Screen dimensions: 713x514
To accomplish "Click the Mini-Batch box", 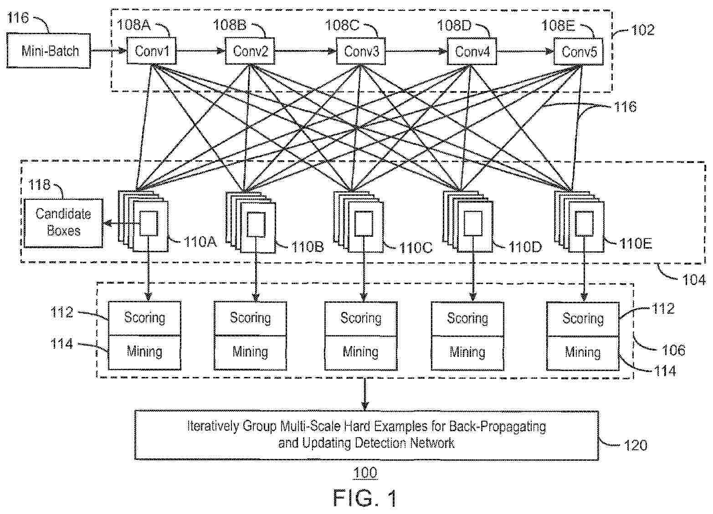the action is click(x=48, y=51).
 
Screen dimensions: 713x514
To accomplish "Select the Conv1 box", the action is click(x=152, y=51).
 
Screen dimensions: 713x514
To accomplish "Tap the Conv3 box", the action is click(x=361, y=51).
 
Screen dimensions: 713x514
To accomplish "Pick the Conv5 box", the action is click(x=579, y=52).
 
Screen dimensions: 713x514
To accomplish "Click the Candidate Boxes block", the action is click(x=63, y=223).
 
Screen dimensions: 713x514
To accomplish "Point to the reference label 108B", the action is click(x=230, y=25).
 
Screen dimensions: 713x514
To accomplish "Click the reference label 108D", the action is click(x=454, y=25).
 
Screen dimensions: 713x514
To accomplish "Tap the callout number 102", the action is click(x=643, y=30).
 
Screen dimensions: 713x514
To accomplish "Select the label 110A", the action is click(x=200, y=242).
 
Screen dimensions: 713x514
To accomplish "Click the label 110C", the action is click(x=415, y=248).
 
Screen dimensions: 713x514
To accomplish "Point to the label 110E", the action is click(x=636, y=244).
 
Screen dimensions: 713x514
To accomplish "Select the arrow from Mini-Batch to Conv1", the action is click(x=108, y=51).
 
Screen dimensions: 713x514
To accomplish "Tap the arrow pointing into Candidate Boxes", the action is click(x=122, y=224).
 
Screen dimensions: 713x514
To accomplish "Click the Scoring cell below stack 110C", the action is click(x=361, y=318).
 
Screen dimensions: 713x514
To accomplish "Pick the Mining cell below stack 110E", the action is click(x=583, y=353).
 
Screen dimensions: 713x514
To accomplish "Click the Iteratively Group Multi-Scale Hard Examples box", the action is click(x=366, y=435).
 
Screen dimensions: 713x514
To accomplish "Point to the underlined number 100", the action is click(x=365, y=473).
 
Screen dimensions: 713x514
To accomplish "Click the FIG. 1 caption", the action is click(x=365, y=498).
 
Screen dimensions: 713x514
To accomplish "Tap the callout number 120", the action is click(x=636, y=445).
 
